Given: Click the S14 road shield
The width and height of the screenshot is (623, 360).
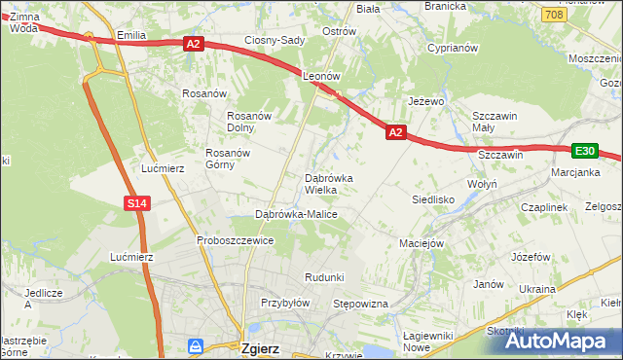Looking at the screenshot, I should [x=136, y=202].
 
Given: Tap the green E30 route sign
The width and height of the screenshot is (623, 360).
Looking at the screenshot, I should [x=584, y=151].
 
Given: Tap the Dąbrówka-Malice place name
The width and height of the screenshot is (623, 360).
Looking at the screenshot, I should [x=296, y=213].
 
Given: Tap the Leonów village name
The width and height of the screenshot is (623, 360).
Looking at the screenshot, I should [x=320, y=75].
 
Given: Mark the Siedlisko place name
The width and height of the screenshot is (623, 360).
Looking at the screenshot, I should [x=433, y=198].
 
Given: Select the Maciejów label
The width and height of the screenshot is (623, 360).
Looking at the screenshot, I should [x=421, y=242].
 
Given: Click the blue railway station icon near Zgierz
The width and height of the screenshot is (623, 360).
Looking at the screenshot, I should [x=197, y=345].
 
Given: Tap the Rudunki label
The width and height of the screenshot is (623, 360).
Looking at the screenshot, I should [x=324, y=277].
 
